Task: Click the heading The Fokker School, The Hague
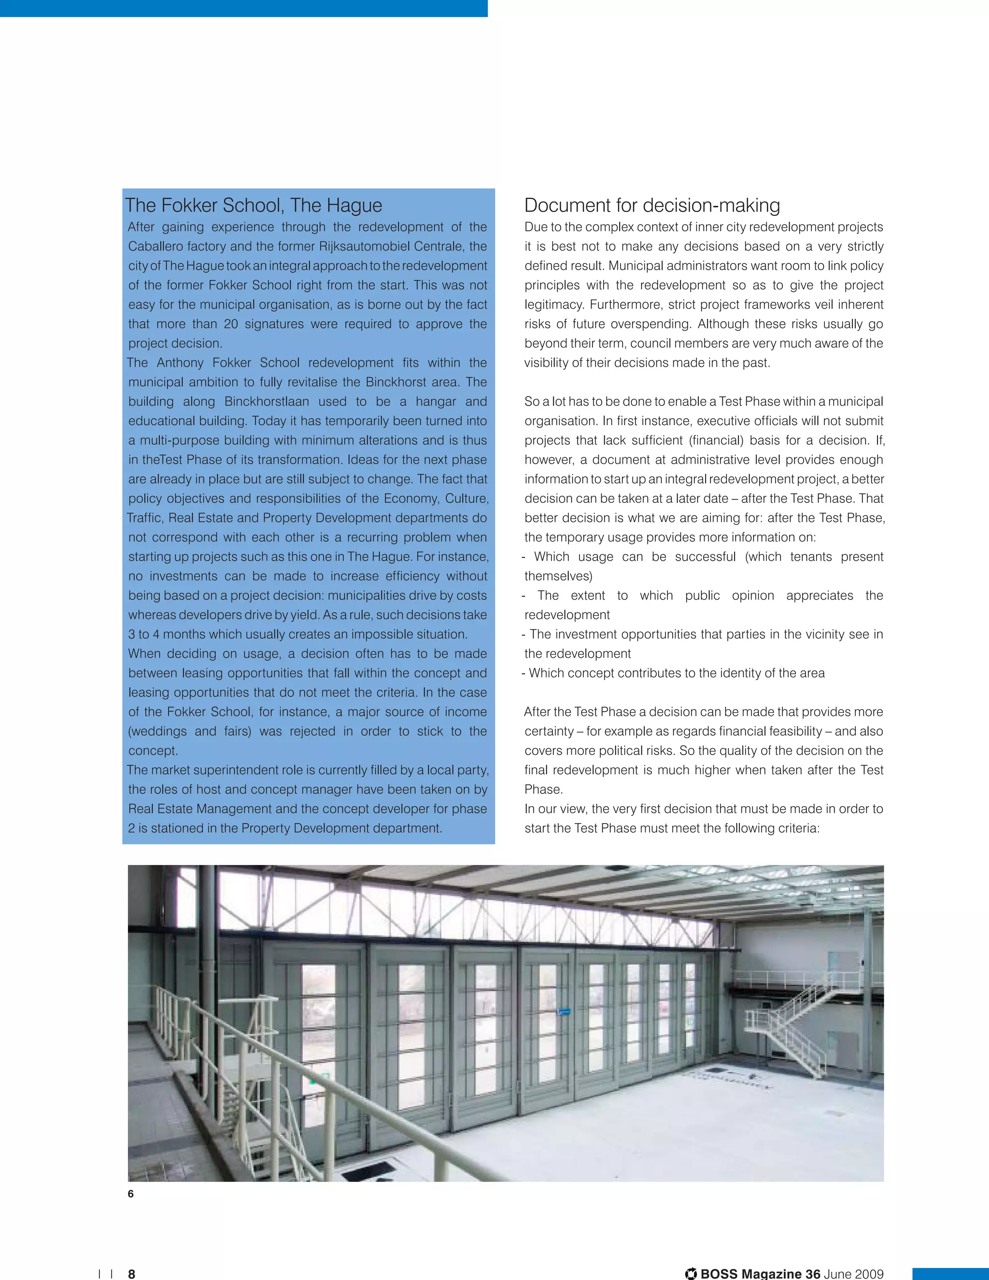[x=253, y=206]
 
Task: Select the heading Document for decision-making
[x=651, y=206]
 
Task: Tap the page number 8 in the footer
[x=132, y=1274]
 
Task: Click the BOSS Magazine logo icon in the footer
[x=692, y=1274]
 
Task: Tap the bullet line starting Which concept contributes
[x=674, y=673]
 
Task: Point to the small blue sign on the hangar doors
[x=564, y=1011]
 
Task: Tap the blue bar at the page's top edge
[x=243, y=8]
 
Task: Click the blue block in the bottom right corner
[x=950, y=1274]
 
